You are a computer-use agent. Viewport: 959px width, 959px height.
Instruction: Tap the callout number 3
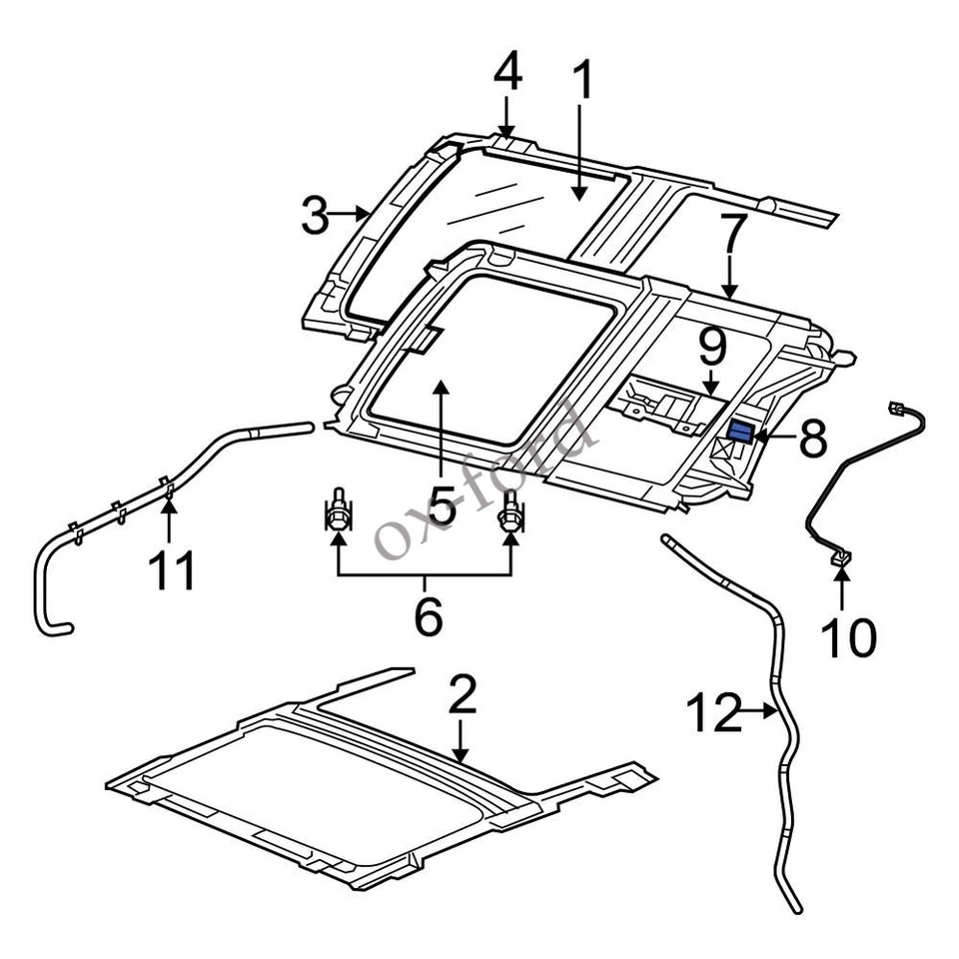[316, 215]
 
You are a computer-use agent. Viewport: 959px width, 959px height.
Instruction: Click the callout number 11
[171, 570]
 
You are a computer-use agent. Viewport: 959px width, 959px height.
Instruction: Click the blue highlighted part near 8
[741, 432]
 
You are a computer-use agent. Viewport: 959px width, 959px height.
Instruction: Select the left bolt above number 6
[339, 510]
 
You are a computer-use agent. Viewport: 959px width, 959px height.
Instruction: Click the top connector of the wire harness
[894, 409]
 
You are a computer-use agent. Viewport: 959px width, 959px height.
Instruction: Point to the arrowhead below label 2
[461, 758]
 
